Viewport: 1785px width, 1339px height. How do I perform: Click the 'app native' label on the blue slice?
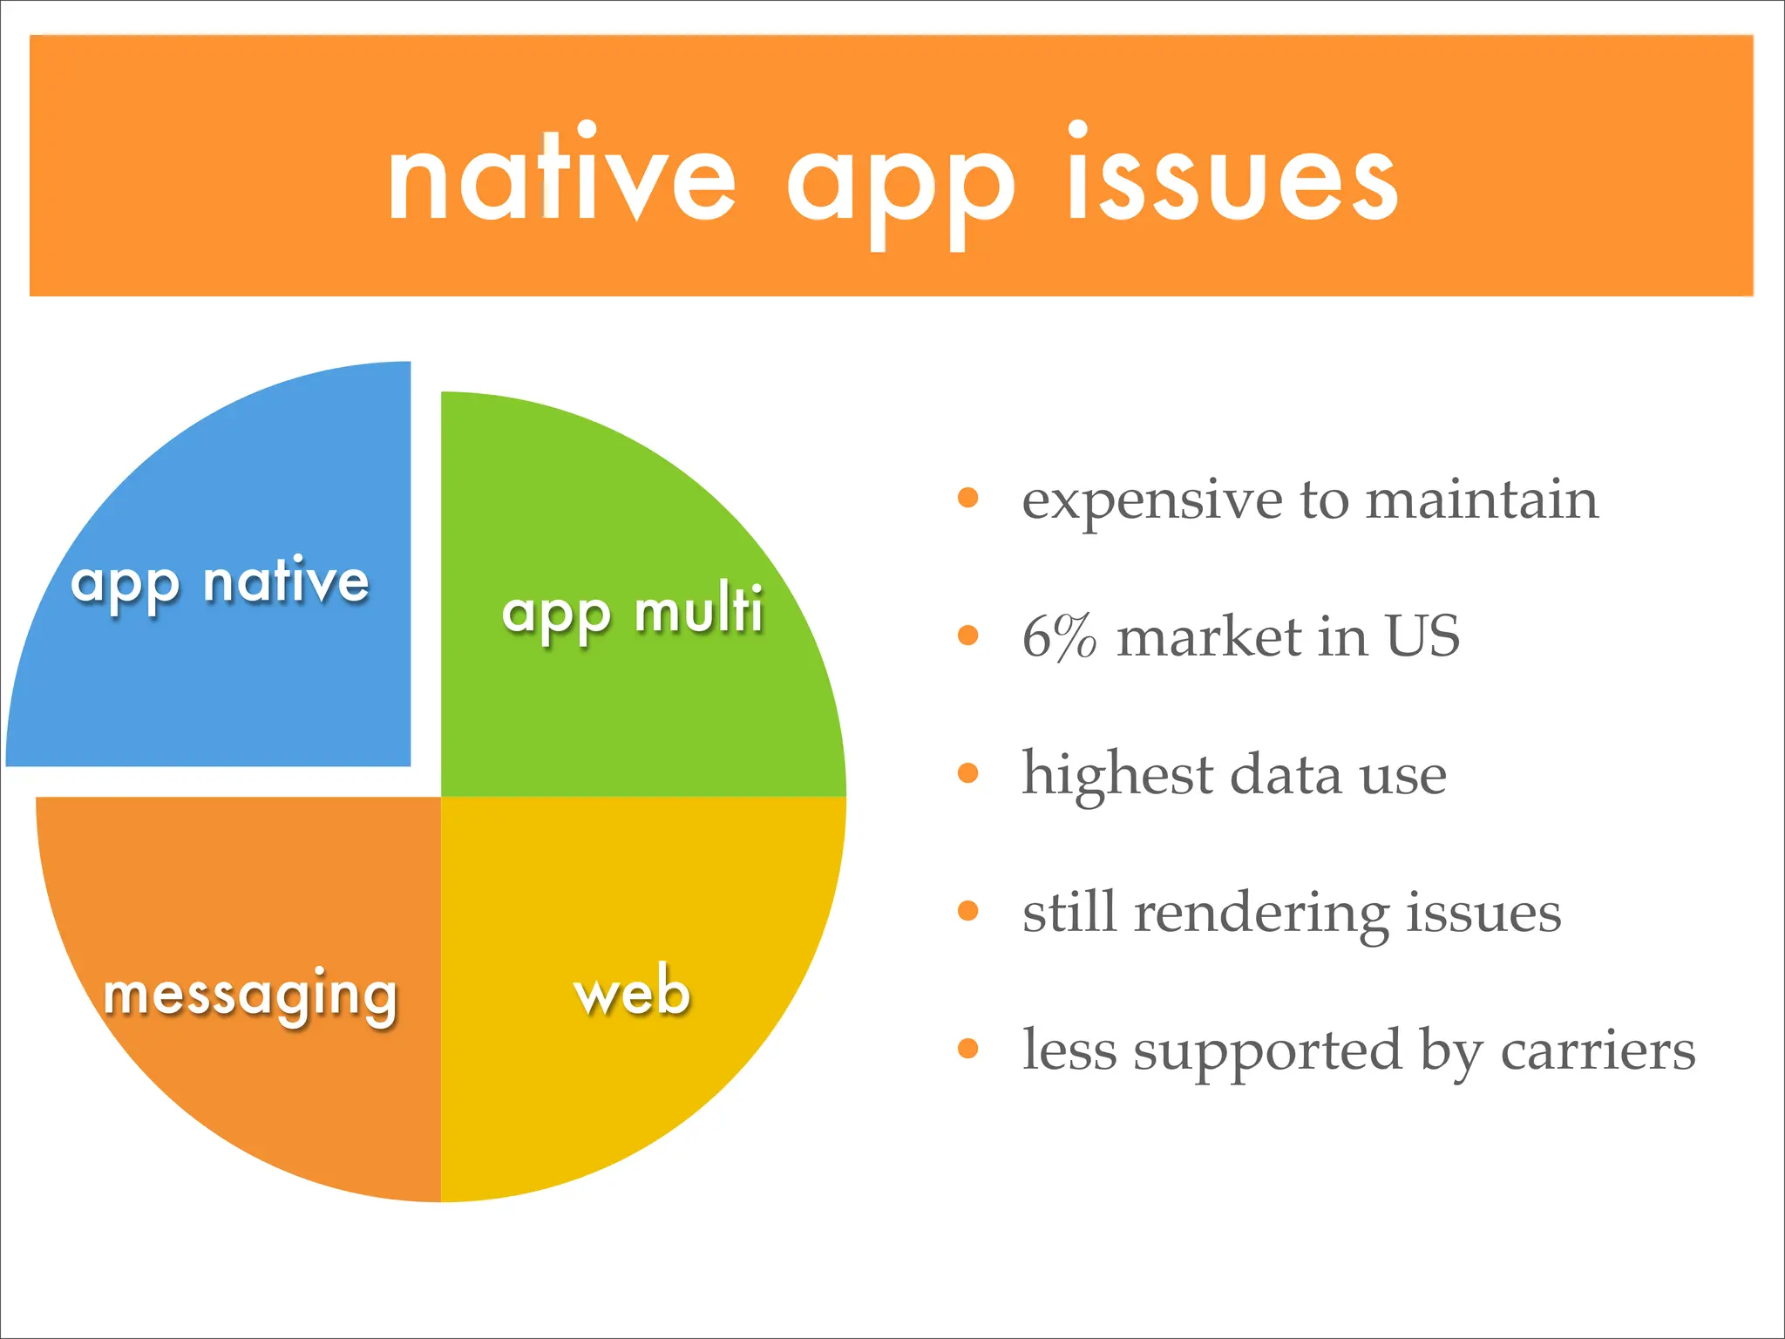tap(220, 582)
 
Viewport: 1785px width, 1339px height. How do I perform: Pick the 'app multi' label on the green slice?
tap(633, 612)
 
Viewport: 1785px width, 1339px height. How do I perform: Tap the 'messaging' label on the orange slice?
tap(250, 995)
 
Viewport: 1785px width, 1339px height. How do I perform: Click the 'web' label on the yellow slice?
tap(633, 992)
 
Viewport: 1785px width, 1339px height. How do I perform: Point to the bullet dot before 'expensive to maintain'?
tap(967, 499)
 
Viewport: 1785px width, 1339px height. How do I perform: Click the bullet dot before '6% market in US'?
tap(967, 636)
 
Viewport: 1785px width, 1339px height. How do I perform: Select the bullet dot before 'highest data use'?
tap(967, 773)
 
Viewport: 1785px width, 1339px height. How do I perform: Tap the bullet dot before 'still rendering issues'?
tap(967, 911)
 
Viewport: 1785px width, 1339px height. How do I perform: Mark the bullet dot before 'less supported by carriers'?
tap(967, 1049)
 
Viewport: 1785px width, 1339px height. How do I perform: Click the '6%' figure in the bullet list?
tap(1058, 636)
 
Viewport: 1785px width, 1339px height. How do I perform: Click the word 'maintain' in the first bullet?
tap(1482, 500)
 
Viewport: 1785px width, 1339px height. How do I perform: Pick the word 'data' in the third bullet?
tap(1286, 774)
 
